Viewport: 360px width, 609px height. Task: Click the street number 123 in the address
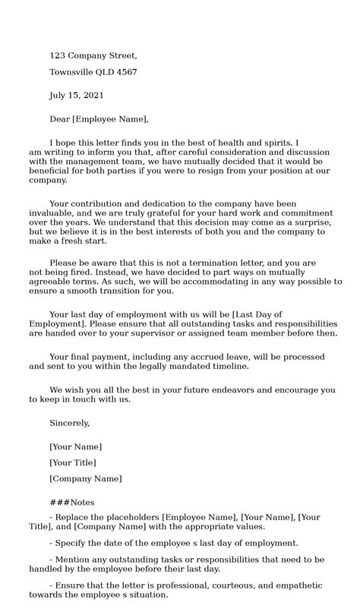[x=57, y=56]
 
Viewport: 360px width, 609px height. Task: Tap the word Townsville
[x=74, y=72]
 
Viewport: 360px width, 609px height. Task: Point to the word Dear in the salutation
[x=59, y=119]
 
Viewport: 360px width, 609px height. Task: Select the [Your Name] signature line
[x=75, y=446]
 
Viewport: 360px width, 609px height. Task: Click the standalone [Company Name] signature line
[x=85, y=478]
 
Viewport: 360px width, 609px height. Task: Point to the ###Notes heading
[x=72, y=503]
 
